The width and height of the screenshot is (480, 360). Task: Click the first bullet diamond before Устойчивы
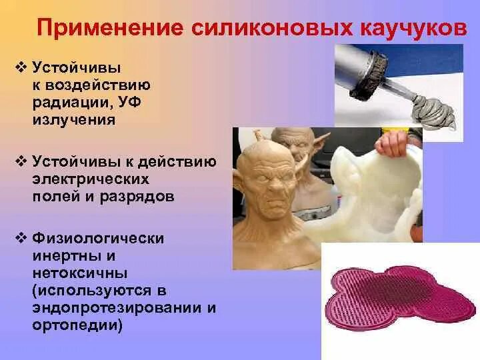(x=19, y=67)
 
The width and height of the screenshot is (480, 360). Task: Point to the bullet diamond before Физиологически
(x=19, y=239)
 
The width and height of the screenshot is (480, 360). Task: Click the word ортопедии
(x=74, y=325)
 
